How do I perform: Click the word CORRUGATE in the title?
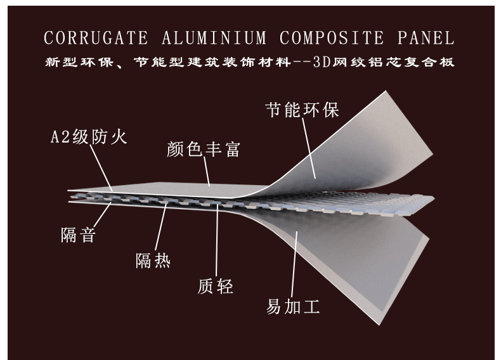[96, 38]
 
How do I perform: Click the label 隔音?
[78, 235]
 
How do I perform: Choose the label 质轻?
[216, 286]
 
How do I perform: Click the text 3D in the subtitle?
[323, 63]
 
